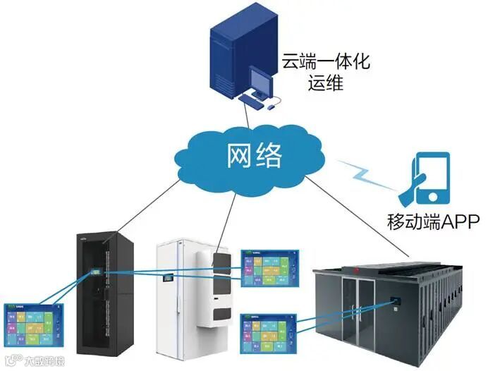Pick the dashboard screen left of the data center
(267, 332)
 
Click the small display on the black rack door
(93, 272)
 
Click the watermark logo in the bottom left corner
(28, 360)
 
